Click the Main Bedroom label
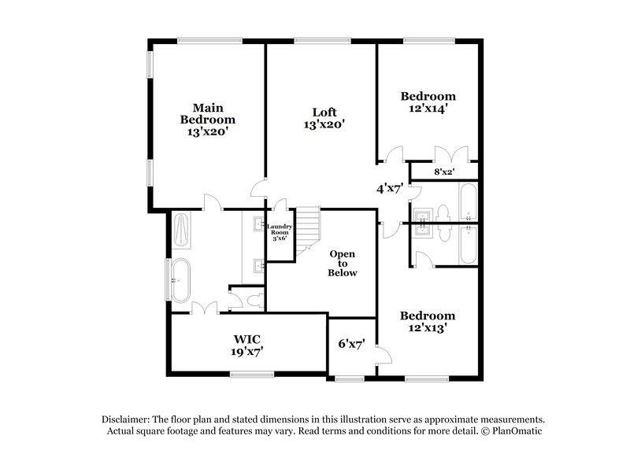pyautogui.click(x=207, y=120)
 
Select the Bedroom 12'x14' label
pyautogui.click(x=428, y=103)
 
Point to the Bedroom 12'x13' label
pyautogui.click(x=428, y=322)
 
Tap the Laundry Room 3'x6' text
pyautogui.click(x=281, y=232)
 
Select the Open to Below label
pyautogui.click(x=343, y=264)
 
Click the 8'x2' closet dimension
pyautogui.click(x=444, y=171)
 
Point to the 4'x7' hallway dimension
pyautogui.click(x=390, y=189)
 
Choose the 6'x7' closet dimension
pyautogui.click(x=350, y=344)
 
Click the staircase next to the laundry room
pyautogui.click(x=308, y=227)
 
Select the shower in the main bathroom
pyautogui.click(x=180, y=231)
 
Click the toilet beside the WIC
pyautogui.click(x=250, y=300)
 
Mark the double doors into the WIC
pyautogui.click(x=204, y=307)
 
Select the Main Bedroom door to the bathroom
pyautogui.click(x=210, y=203)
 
